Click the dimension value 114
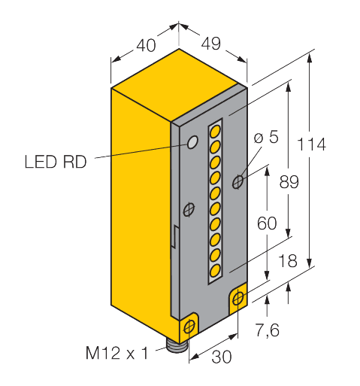coord(311,144)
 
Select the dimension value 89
coord(289,182)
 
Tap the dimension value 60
coord(267,223)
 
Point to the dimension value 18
coord(288,260)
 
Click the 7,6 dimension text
coord(267,330)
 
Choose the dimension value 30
coord(222,357)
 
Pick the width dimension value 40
coord(146,45)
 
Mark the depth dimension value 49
coord(211,44)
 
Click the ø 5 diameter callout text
coord(266,137)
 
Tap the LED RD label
coord(56,162)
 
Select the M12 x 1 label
coord(117,353)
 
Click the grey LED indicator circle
coord(192,142)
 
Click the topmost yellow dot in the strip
coord(215,132)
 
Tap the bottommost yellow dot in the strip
coord(215,271)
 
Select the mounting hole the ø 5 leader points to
coord(237,182)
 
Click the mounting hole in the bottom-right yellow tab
coord(238,299)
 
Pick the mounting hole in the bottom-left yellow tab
coord(189,327)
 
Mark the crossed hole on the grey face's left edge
coord(189,210)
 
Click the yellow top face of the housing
coord(175,84)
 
